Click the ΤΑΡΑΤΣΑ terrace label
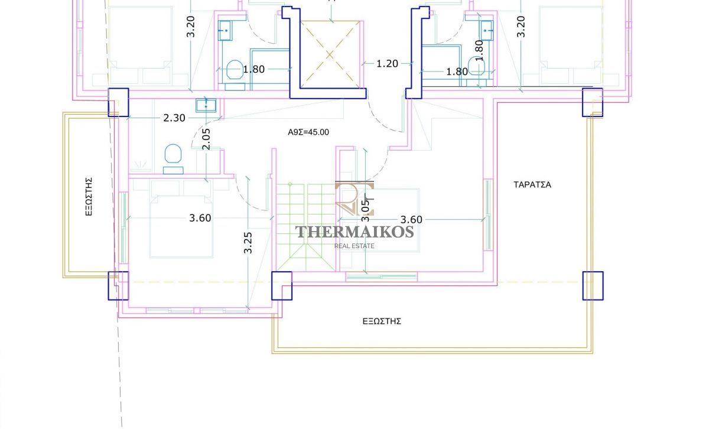click(532, 184)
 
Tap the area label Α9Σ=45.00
click(308, 132)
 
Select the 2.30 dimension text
click(174, 118)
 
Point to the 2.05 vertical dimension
click(206, 139)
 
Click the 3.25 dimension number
click(248, 243)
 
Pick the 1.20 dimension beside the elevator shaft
click(387, 64)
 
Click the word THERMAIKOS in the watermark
click(354, 232)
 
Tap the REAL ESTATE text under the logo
click(354, 246)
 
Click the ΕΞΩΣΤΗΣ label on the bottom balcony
click(382, 321)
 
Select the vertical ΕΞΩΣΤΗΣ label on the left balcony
click(89, 197)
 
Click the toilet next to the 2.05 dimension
click(173, 159)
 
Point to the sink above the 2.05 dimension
click(206, 105)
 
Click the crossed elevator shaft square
click(330, 55)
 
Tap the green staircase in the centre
click(306, 227)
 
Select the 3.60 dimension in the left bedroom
click(200, 218)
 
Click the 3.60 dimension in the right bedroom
click(411, 219)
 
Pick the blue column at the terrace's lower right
click(593, 285)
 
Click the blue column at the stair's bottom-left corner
click(282, 285)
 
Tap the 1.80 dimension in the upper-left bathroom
click(253, 69)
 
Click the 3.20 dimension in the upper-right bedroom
click(521, 27)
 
